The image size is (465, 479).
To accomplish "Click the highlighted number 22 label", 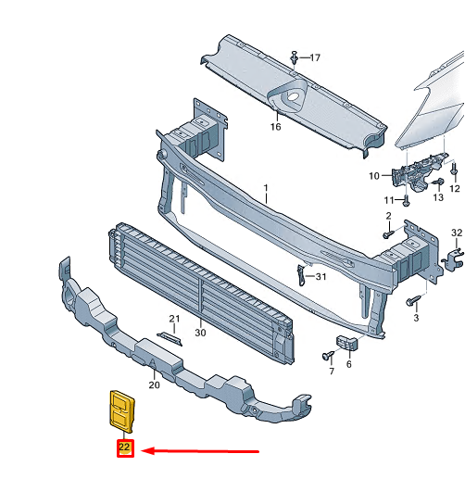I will point(124,449).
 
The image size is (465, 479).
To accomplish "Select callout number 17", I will point(314,57).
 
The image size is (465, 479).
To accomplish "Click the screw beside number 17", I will point(295,57).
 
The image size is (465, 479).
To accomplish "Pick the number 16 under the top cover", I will point(275,127).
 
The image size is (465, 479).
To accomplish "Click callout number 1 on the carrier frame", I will point(265,188).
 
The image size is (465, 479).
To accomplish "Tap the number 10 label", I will point(374,176).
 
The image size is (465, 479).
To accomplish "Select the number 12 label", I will point(455,189).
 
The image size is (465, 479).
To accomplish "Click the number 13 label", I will point(438,197).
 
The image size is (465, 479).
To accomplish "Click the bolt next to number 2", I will point(387,235).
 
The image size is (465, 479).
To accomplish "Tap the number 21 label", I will point(172,320).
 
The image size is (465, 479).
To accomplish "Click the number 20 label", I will point(154,384).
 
